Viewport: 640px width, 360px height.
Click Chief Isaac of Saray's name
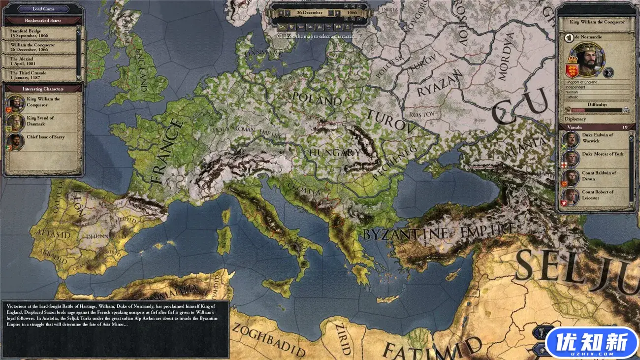(x=46, y=137)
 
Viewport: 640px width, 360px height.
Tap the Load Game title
(x=43, y=8)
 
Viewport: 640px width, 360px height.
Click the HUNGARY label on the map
(x=335, y=153)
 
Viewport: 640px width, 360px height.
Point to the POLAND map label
(x=317, y=98)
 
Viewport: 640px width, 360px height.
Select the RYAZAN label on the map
(x=440, y=84)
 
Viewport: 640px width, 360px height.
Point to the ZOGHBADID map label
(x=268, y=340)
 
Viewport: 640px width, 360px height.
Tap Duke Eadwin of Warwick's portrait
(x=571, y=139)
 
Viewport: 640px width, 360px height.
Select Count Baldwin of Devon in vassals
(x=598, y=176)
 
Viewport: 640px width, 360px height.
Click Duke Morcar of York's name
(x=603, y=154)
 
